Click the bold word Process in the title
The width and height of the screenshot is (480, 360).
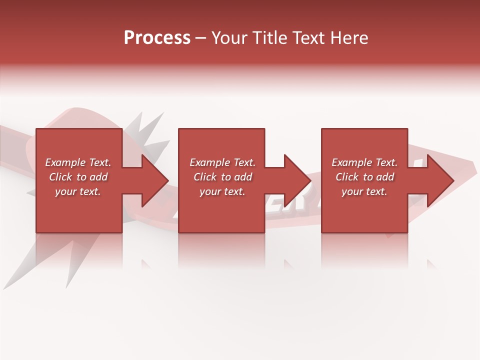[157, 38]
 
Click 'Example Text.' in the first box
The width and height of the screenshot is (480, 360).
[78, 162]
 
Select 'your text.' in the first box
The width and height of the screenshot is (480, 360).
[78, 191]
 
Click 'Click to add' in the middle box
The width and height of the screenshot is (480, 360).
[222, 177]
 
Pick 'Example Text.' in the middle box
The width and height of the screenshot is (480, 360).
[222, 162]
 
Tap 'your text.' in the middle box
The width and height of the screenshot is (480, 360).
[222, 191]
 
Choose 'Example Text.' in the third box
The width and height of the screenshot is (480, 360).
[364, 162]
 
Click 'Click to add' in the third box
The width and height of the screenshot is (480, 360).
[364, 177]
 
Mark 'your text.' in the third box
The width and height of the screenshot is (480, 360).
[364, 191]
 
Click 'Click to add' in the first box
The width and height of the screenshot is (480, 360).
[78, 177]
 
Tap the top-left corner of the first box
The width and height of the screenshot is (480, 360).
[37, 129]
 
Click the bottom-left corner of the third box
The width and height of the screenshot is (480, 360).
[322, 231]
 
